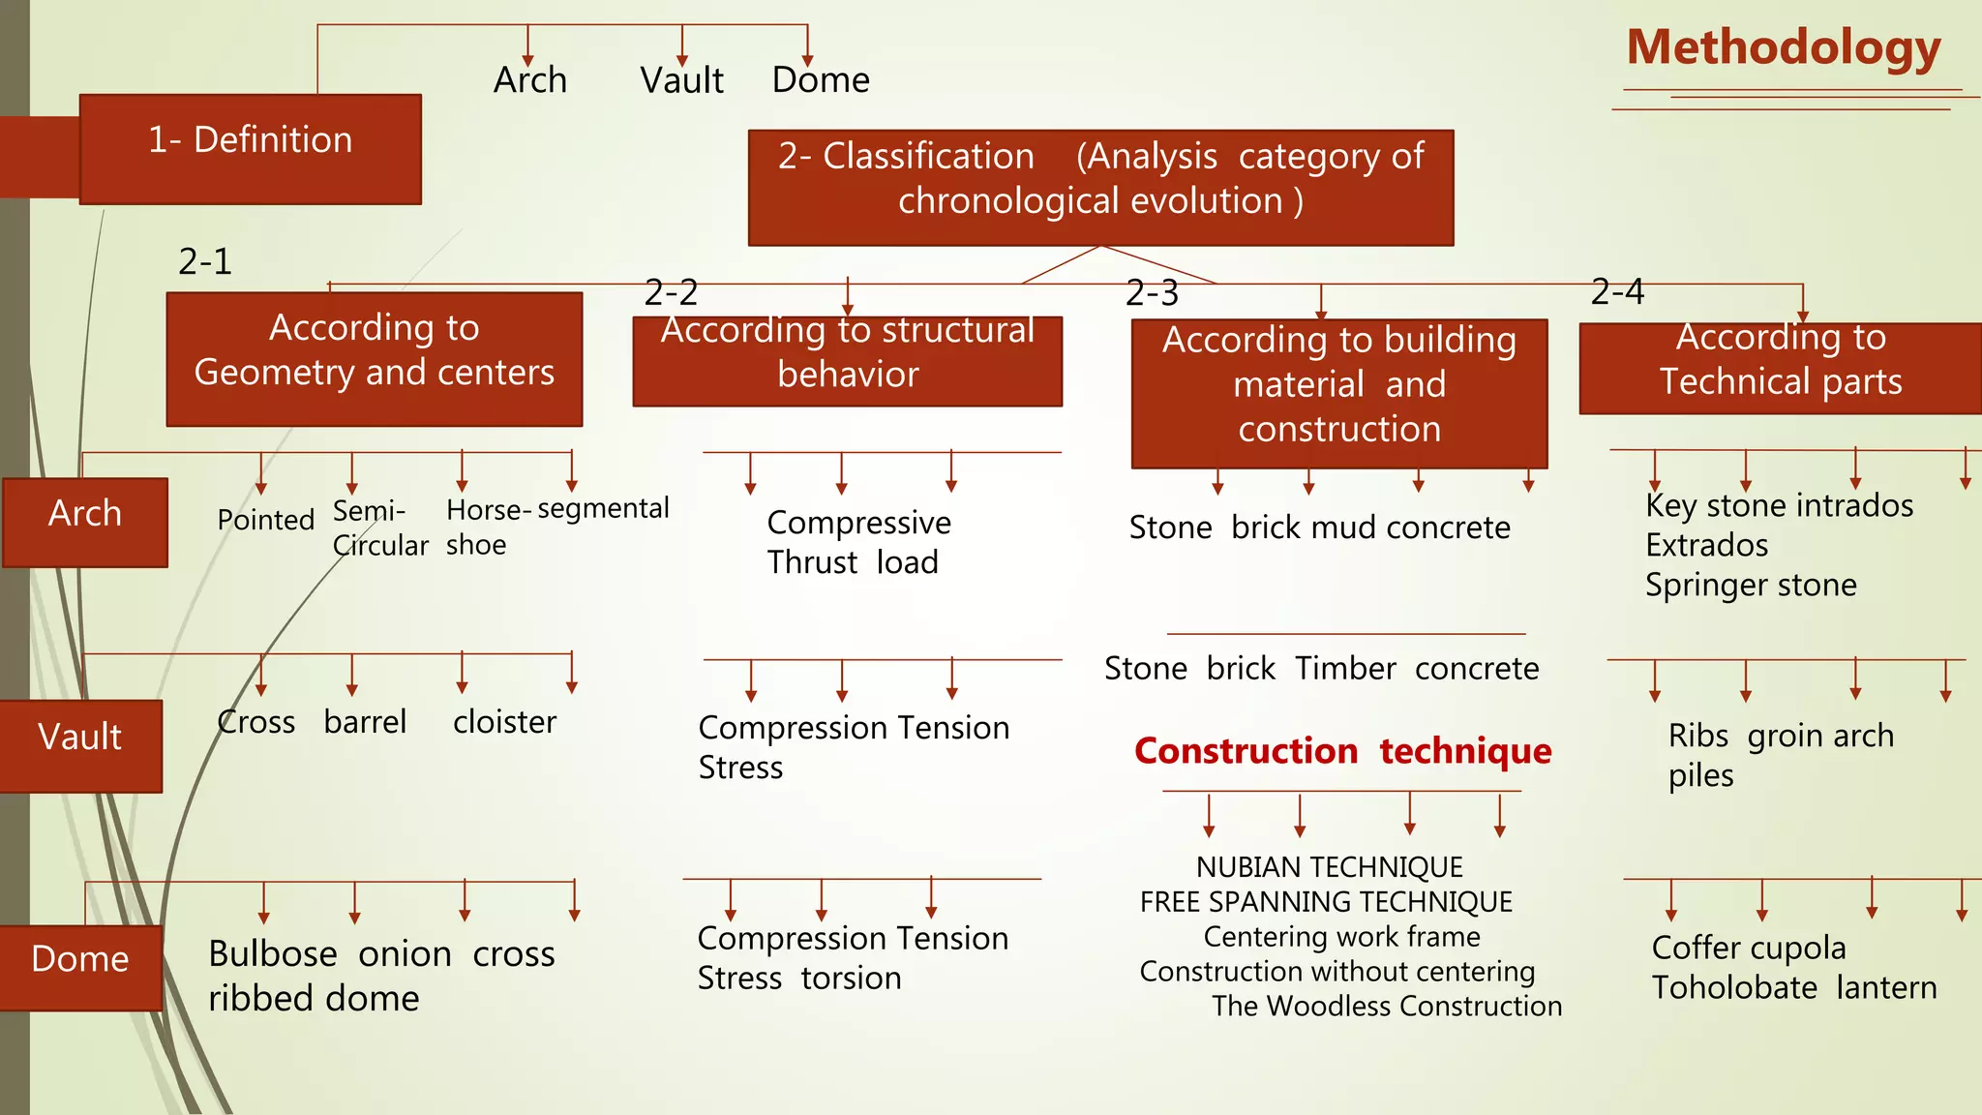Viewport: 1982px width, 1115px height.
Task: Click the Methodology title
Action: point(1783,48)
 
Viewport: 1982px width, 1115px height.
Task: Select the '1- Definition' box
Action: point(250,148)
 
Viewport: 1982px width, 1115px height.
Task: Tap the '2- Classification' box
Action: point(1100,187)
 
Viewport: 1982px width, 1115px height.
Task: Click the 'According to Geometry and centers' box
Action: point(374,358)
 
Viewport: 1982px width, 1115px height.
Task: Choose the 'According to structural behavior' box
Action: point(847,360)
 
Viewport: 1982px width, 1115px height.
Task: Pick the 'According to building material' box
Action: point(1338,392)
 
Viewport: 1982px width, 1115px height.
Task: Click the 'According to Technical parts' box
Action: point(1780,368)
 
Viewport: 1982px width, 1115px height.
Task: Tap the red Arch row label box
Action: point(85,521)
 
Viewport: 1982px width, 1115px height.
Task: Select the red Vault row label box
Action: point(80,744)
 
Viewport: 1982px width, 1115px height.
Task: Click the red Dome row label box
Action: point(80,966)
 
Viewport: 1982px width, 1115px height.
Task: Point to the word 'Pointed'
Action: point(265,520)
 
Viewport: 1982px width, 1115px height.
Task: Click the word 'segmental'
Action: point(603,508)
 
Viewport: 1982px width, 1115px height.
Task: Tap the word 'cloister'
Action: point(504,722)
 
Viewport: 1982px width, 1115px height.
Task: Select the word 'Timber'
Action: point(1345,669)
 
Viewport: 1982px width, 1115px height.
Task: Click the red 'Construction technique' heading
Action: point(1342,751)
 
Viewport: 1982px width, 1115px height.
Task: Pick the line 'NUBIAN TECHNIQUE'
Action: point(1329,867)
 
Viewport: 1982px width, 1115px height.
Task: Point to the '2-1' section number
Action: point(205,261)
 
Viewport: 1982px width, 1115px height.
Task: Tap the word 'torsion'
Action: point(851,979)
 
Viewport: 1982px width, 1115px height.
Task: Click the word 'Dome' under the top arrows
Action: point(821,80)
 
